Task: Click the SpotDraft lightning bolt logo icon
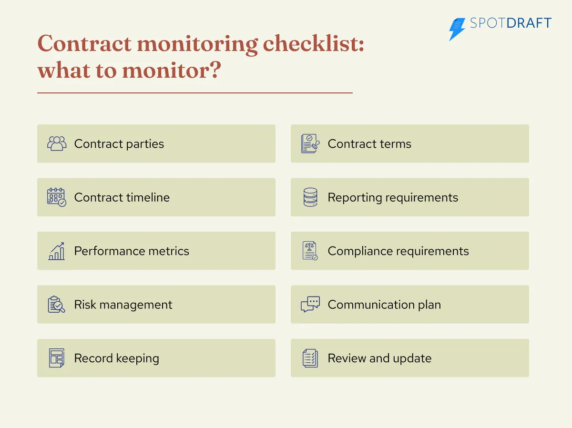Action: (x=457, y=29)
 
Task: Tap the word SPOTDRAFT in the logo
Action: (x=511, y=23)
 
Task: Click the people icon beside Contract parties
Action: (x=57, y=143)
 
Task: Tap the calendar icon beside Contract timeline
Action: (x=57, y=197)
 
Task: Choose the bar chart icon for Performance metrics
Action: (x=57, y=251)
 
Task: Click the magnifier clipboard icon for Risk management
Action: (x=57, y=305)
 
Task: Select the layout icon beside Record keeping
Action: (x=57, y=358)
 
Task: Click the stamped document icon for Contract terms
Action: (x=310, y=143)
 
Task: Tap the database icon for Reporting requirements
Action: (x=310, y=197)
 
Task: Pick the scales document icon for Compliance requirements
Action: (x=310, y=251)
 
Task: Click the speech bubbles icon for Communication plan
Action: (x=310, y=305)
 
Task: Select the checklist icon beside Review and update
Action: (x=310, y=358)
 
